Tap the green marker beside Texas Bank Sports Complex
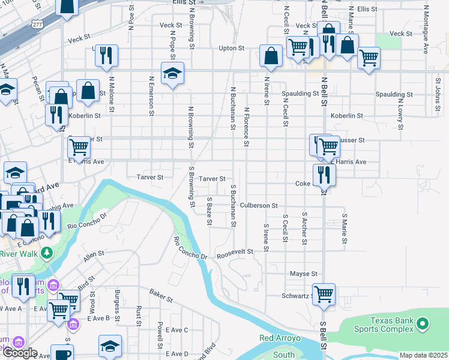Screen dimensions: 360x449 [422, 325]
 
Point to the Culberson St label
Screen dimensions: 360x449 [259, 205]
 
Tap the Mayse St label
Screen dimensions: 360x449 [303, 274]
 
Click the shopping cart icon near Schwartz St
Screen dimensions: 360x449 [324, 294]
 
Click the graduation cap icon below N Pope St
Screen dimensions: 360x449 [172, 73]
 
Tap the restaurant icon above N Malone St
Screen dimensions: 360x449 [106, 55]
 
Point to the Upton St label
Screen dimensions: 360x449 [232, 48]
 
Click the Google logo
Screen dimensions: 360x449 [19, 352]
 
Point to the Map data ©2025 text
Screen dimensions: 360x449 [423, 355]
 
